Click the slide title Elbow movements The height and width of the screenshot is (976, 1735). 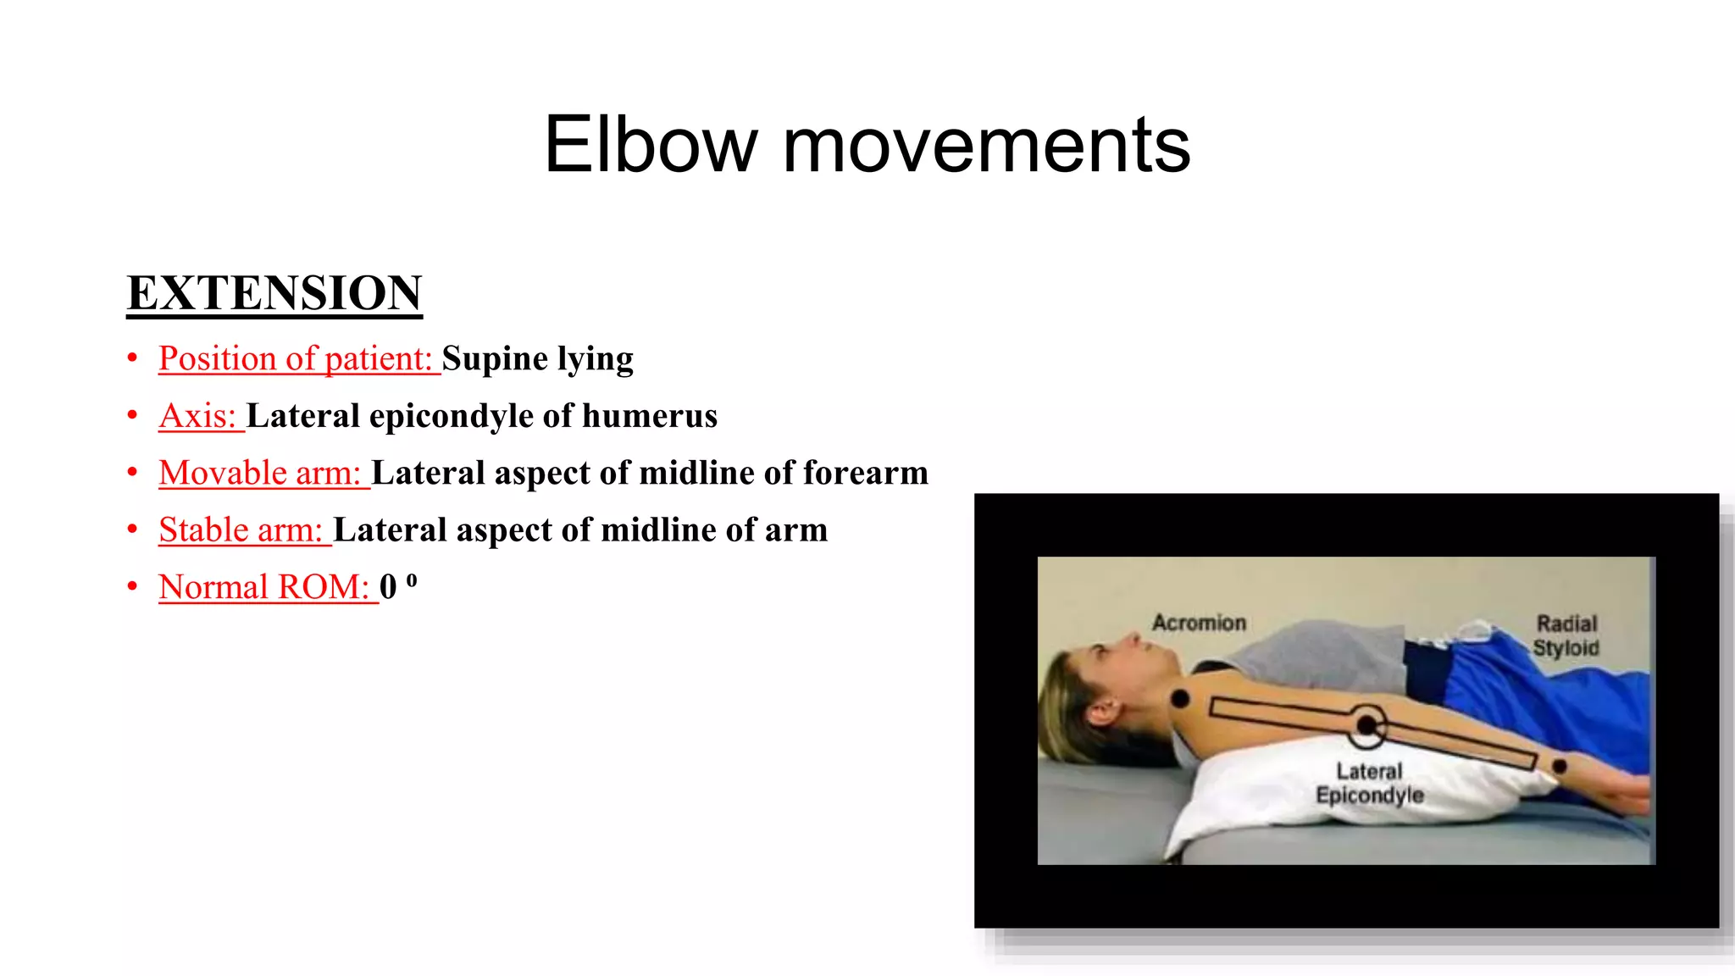pos(867,145)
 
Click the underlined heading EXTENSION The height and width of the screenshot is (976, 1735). pos(274,293)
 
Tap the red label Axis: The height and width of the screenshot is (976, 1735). pos(198,416)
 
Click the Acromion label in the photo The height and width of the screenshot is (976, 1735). pos(1199,623)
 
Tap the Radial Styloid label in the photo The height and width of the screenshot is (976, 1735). pos(1566,635)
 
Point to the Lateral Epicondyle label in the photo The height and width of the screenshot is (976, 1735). pos(1370,783)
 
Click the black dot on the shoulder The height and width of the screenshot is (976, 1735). pos(1179,699)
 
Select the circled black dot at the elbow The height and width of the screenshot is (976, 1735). pos(1366,725)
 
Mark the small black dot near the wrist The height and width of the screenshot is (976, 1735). pos(1559,766)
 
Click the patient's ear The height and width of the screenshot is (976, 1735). pos(1100,710)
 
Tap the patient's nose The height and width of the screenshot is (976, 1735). pos(1130,637)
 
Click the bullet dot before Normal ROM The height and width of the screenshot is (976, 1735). pos(132,586)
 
